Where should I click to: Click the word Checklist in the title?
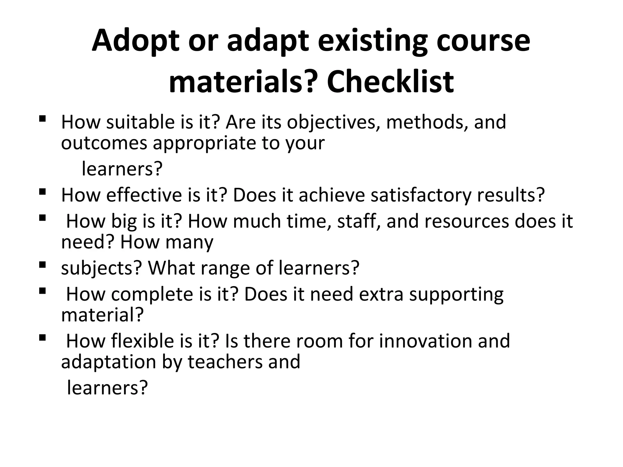(x=390, y=82)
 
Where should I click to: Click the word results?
(x=511, y=195)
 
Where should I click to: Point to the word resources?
(x=466, y=221)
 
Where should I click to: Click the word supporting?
(x=456, y=295)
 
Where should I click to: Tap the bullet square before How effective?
(x=42, y=192)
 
